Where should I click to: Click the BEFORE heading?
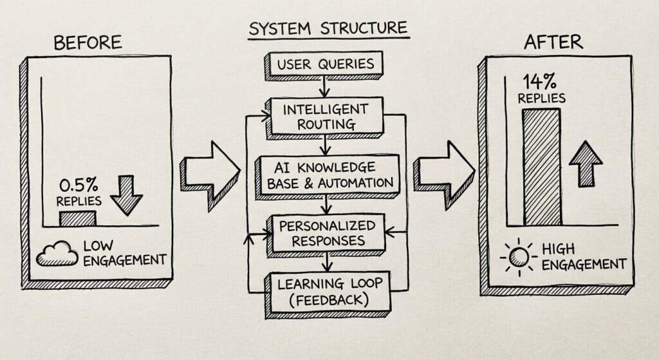(88, 43)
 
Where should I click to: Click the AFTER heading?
(553, 43)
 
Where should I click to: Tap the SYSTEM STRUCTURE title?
(328, 28)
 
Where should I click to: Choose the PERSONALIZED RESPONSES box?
(328, 232)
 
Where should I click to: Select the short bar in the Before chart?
(77, 218)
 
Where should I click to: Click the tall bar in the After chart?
(541, 167)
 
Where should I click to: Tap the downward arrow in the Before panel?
(126, 196)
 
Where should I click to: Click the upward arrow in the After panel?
(585, 164)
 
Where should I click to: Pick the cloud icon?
(57, 254)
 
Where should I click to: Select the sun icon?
(519, 256)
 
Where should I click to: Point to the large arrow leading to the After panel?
(444, 173)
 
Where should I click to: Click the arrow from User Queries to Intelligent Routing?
(324, 86)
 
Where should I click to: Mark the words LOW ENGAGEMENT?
(124, 252)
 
